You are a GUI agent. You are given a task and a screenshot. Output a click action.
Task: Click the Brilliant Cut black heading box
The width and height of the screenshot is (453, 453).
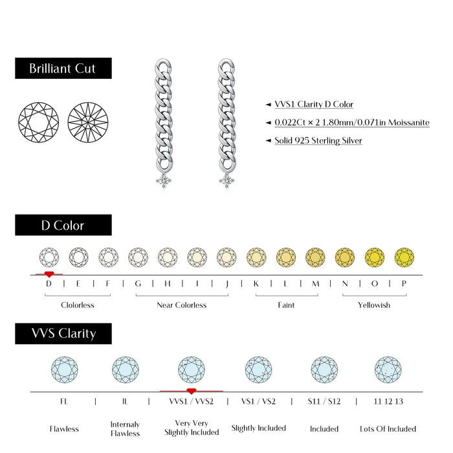[x=63, y=69]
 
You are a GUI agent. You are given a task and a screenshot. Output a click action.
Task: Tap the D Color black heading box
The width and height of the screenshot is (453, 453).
[x=63, y=225]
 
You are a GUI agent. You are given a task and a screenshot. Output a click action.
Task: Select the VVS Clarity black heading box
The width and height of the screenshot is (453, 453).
[x=63, y=334]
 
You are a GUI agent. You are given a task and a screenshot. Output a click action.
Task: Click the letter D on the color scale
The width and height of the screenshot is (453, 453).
[x=49, y=283]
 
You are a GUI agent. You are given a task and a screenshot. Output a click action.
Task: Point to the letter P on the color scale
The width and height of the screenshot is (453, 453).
[x=404, y=283]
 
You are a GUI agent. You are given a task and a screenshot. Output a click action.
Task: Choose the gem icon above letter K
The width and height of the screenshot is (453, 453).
[x=256, y=257]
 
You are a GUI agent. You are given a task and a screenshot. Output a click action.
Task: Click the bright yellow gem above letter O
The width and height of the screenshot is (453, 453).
[x=375, y=257]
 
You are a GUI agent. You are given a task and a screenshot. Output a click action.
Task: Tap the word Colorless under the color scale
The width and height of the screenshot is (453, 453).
[x=78, y=305]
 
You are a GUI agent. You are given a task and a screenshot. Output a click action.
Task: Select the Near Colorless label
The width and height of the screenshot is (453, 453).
[x=182, y=305]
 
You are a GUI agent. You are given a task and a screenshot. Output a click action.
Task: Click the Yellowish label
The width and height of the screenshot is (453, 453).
[x=374, y=305]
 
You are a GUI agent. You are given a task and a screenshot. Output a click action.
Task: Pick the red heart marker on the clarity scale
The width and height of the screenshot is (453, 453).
[x=191, y=391]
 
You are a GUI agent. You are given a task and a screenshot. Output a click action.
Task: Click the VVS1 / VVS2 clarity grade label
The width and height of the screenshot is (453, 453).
[x=191, y=401]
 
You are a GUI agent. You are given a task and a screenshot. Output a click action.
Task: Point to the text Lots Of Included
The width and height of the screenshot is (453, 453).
[x=388, y=428]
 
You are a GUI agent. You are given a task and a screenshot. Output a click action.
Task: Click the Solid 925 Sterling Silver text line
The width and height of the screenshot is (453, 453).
[x=318, y=140]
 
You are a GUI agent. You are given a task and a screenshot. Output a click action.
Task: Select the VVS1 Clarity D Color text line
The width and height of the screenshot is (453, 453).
[x=314, y=104]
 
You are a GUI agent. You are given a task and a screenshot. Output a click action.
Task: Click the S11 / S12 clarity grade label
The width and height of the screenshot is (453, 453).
[x=324, y=401]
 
